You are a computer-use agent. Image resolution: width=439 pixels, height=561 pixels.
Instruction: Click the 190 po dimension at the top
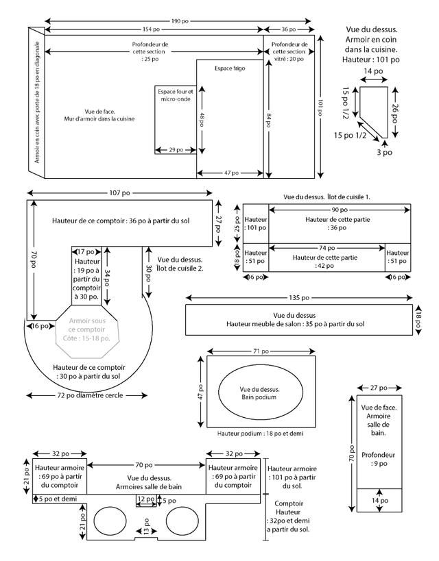[x=180, y=21]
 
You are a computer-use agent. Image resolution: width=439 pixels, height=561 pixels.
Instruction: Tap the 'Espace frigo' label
[x=230, y=68]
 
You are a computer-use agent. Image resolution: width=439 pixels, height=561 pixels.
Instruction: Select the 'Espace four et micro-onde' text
[x=176, y=95]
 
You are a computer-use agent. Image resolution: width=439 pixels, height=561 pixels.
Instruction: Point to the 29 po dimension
[x=176, y=150]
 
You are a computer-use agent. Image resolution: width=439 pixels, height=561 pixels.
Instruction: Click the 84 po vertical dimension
[x=268, y=120]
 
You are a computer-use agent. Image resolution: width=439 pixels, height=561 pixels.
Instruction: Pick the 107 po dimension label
[x=119, y=193]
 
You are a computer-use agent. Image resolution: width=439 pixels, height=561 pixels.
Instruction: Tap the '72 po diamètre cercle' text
[x=90, y=395]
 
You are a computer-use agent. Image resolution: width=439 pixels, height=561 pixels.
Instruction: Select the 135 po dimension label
[x=299, y=298]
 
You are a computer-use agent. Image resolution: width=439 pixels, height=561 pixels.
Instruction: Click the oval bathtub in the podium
[x=261, y=391]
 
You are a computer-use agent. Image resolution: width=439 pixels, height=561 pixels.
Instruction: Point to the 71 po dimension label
[x=261, y=351]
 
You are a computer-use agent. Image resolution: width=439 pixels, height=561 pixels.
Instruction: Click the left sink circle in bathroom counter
[x=110, y=521]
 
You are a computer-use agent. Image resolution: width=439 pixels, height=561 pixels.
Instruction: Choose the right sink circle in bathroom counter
[x=182, y=521]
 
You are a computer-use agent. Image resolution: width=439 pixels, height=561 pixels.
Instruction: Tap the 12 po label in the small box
[x=146, y=499]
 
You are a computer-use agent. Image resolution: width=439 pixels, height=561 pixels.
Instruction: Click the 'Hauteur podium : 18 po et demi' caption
[x=260, y=434]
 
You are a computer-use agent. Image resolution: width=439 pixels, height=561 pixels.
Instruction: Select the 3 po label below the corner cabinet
[x=384, y=153]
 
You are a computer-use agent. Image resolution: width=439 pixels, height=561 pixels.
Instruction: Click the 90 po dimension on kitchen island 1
[x=340, y=210]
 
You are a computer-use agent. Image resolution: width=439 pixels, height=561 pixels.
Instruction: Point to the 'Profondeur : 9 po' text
[x=379, y=460]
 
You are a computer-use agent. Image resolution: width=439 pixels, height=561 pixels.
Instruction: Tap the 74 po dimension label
[x=327, y=248]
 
